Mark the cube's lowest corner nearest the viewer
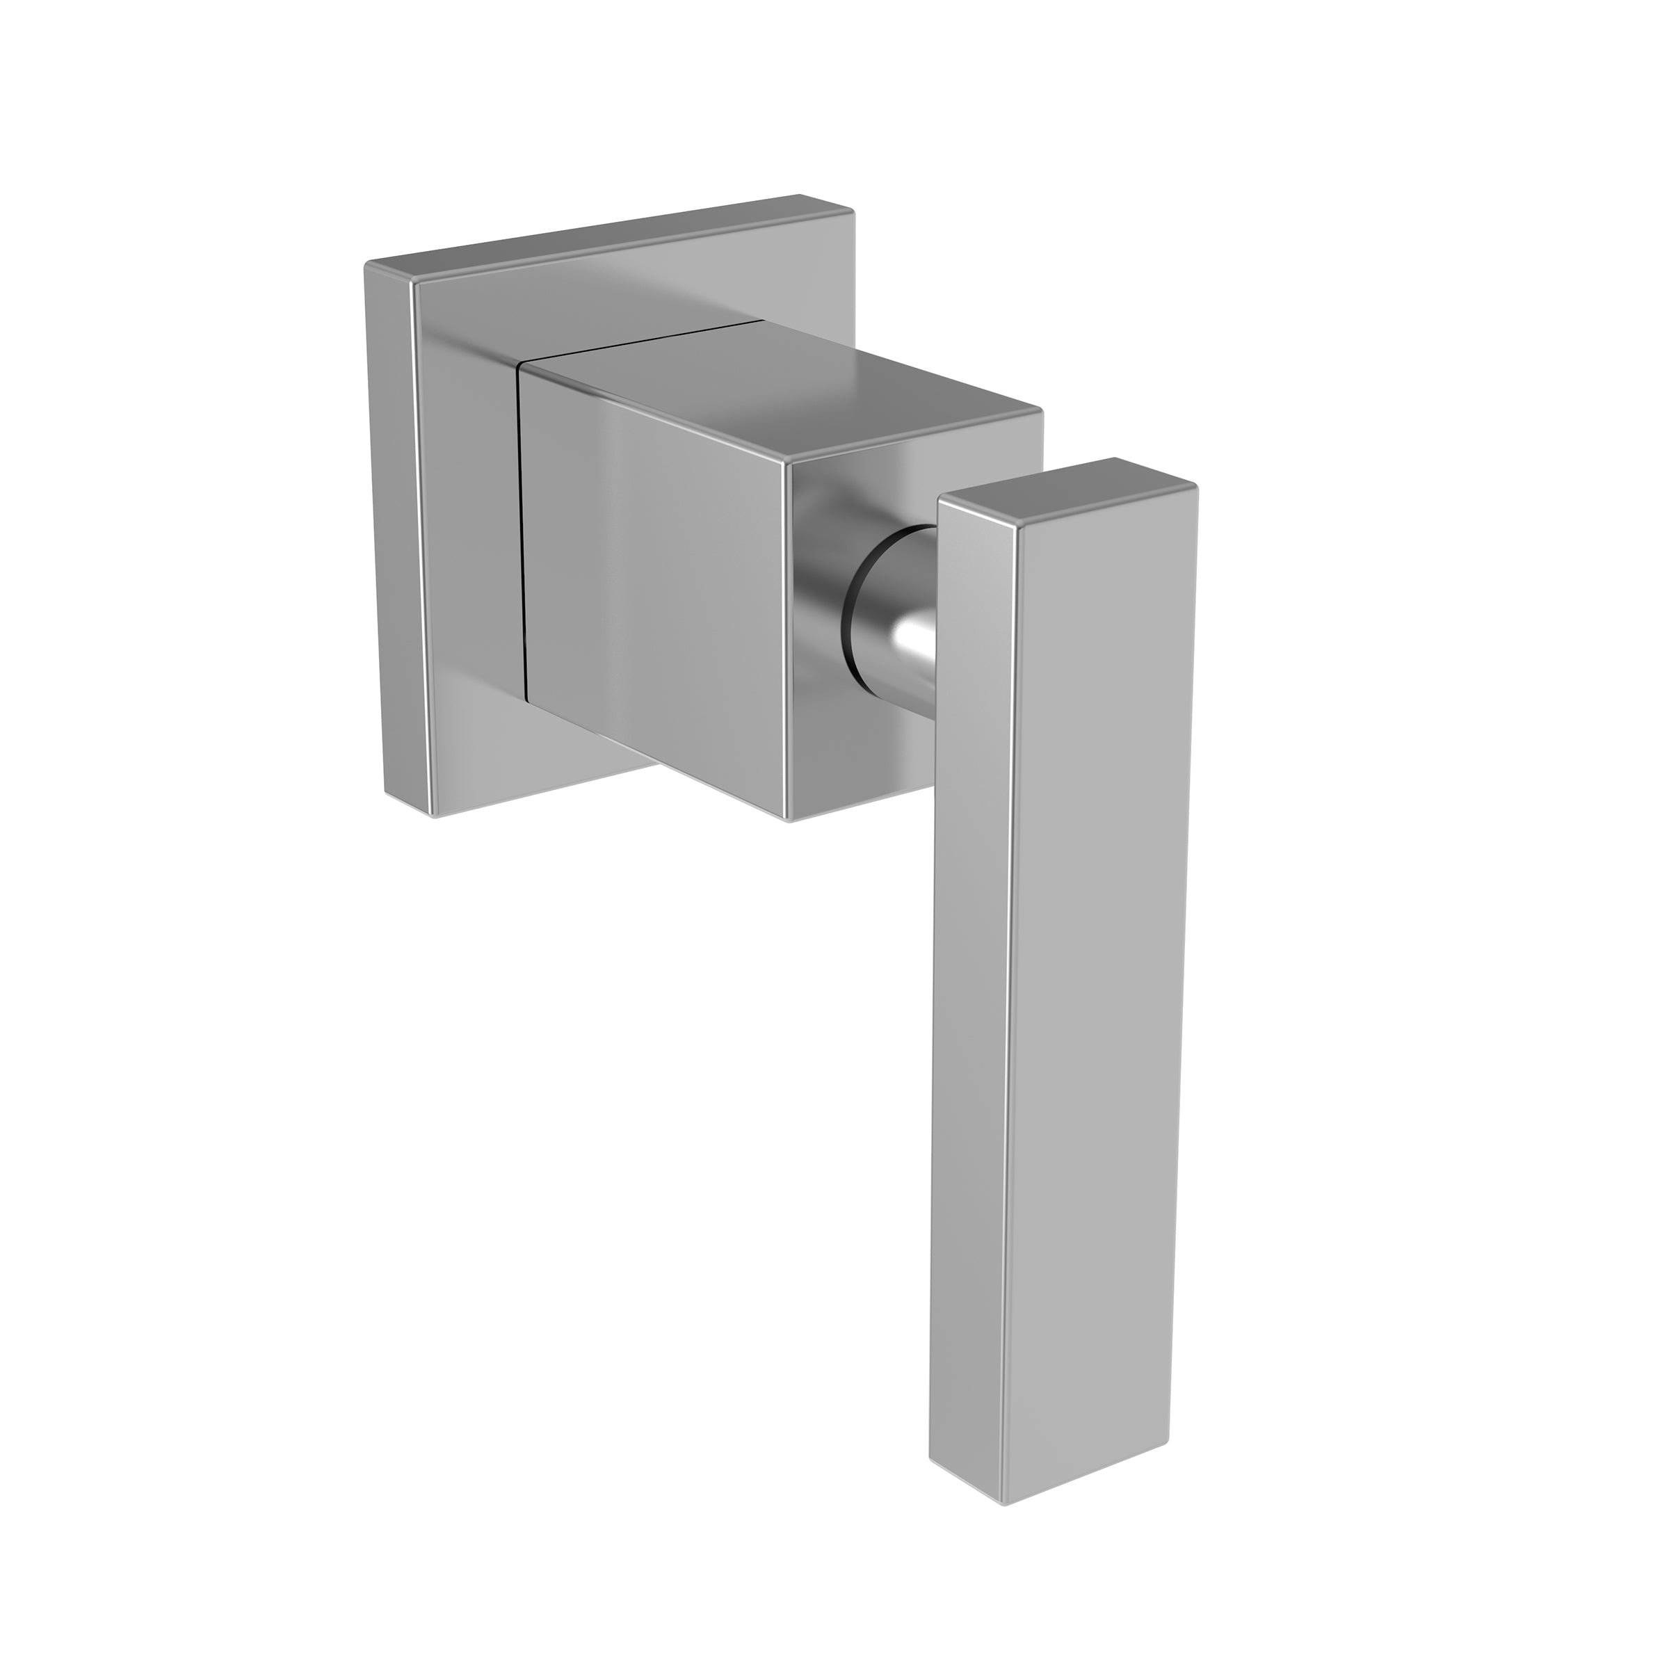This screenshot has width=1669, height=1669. point(789,817)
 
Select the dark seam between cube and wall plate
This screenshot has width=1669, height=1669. point(522,553)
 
